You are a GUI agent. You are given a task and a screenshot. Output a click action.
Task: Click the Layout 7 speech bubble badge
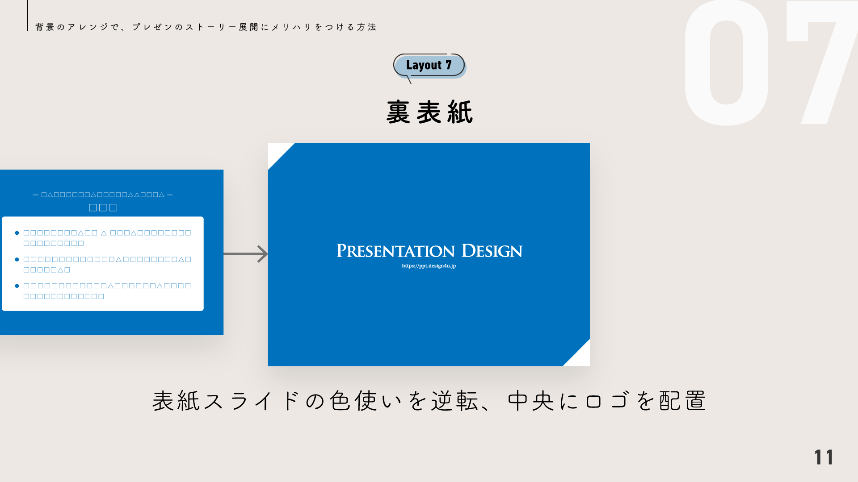coord(429,65)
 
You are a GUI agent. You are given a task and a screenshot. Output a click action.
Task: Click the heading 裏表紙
coord(429,112)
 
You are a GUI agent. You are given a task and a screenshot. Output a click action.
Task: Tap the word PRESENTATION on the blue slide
coord(395,251)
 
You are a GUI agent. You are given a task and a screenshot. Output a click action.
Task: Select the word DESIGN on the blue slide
coord(492,251)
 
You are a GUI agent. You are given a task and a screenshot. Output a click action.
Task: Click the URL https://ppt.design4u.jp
coord(429,266)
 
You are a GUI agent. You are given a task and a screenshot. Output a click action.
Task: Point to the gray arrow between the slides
coord(246,254)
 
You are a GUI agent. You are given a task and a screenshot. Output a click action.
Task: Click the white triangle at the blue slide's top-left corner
coord(277,152)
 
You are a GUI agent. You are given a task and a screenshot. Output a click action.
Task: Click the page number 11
coord(824,457)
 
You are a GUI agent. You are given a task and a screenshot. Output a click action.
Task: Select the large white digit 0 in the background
coord(726,62)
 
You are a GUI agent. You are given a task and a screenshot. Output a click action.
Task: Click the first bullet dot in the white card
coord(17,233)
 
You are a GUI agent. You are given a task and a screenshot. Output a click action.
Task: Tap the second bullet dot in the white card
coord(17,259)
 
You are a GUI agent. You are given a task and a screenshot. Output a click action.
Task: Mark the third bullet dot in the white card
coord(17,286)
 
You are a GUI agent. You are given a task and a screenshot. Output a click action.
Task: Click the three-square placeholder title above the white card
coord(103,208)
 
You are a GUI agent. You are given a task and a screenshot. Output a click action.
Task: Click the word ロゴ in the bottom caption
coord(607,400)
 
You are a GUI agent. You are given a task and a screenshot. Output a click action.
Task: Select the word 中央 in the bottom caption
coord(531,400)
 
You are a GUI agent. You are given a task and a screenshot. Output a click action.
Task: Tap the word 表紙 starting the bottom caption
coord(176,400)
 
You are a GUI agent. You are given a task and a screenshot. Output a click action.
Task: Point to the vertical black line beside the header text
coord(27,16)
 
